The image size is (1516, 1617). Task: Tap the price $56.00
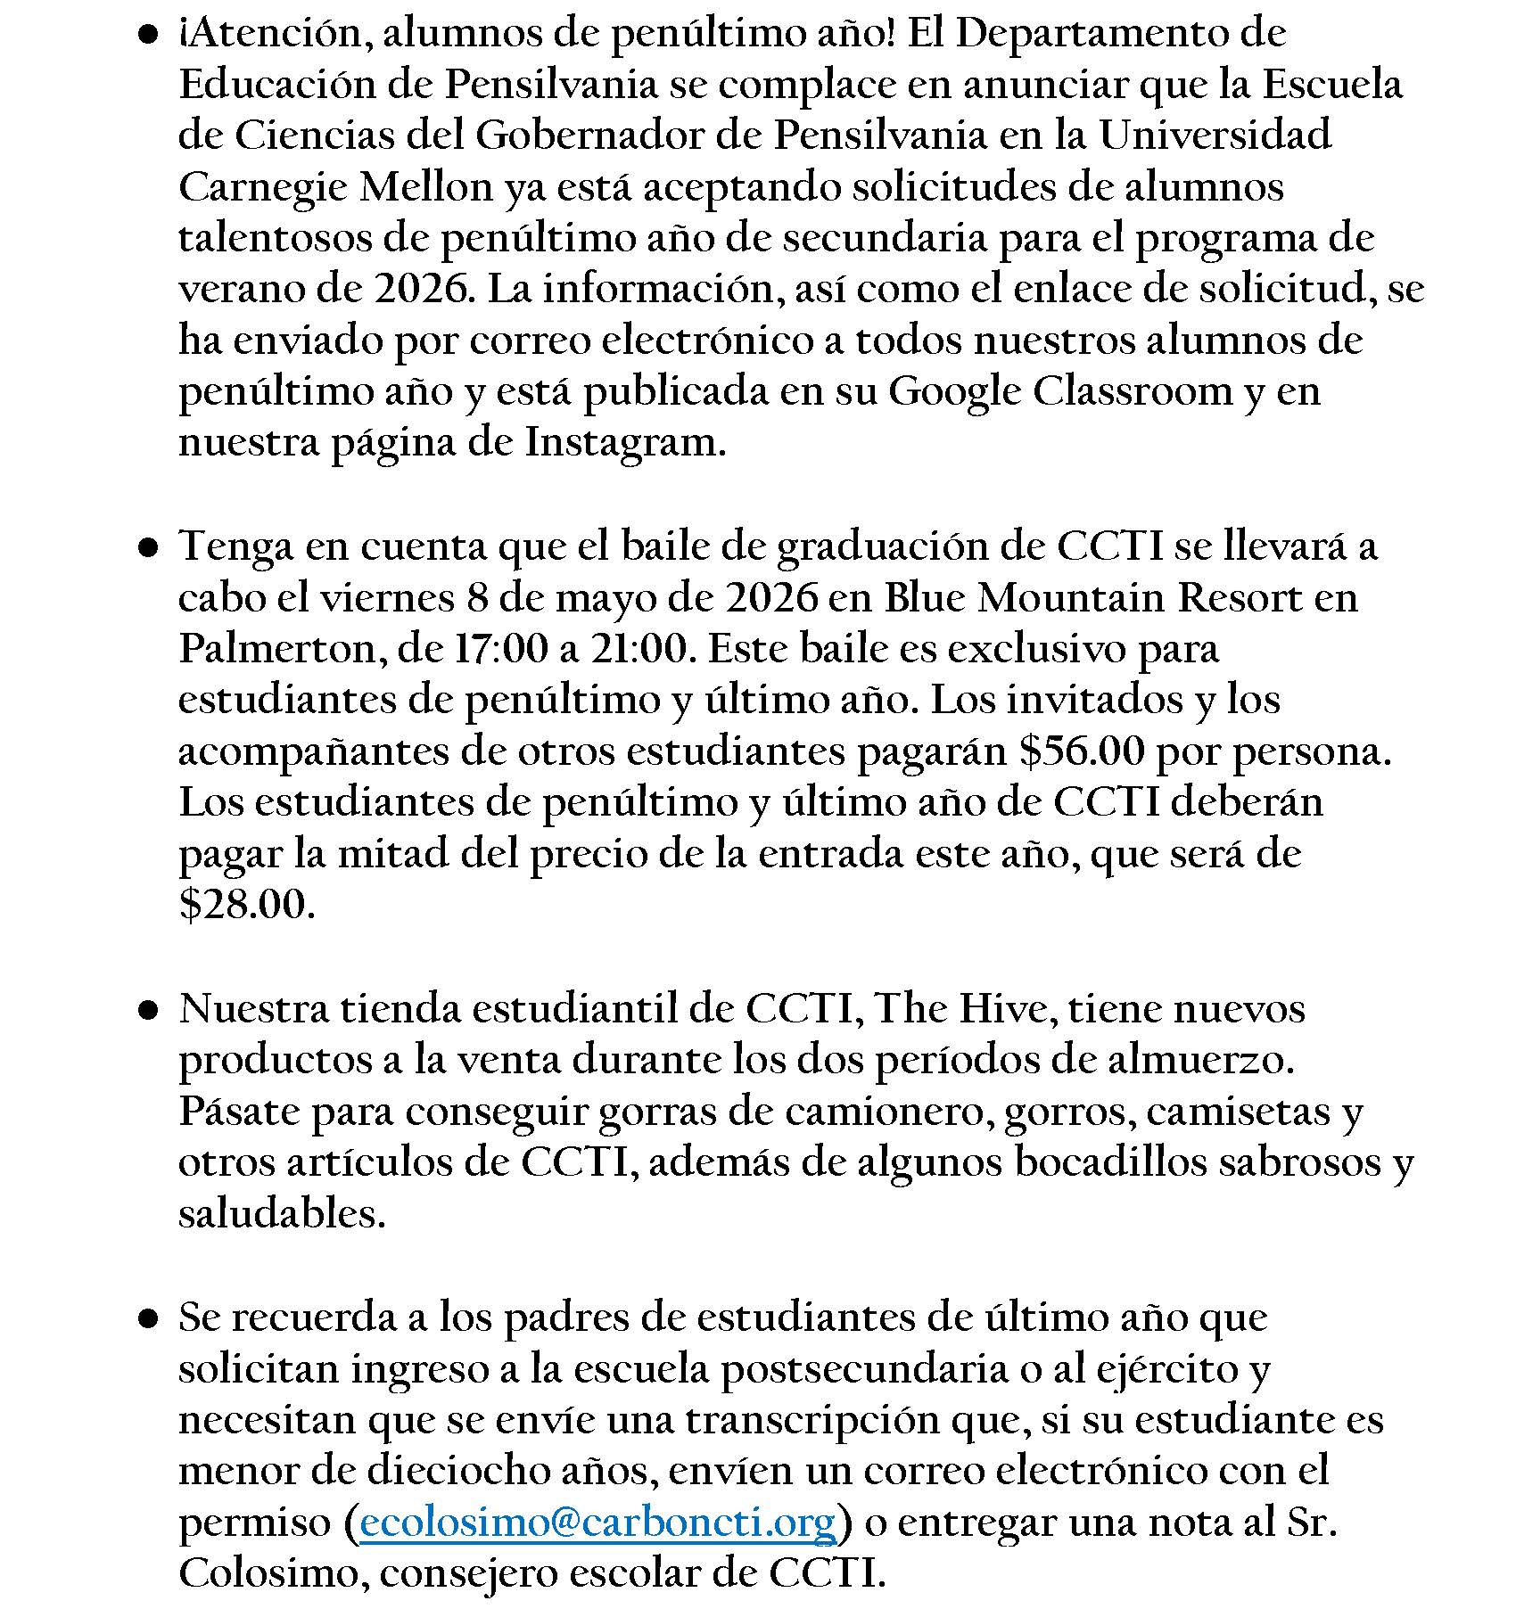pyautogui.click(x=1081, y=751)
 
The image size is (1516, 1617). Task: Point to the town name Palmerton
pyautogui.click(x=276, y=648)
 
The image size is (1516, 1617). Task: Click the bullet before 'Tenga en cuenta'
pyautogui.click(x=147, y=548)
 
